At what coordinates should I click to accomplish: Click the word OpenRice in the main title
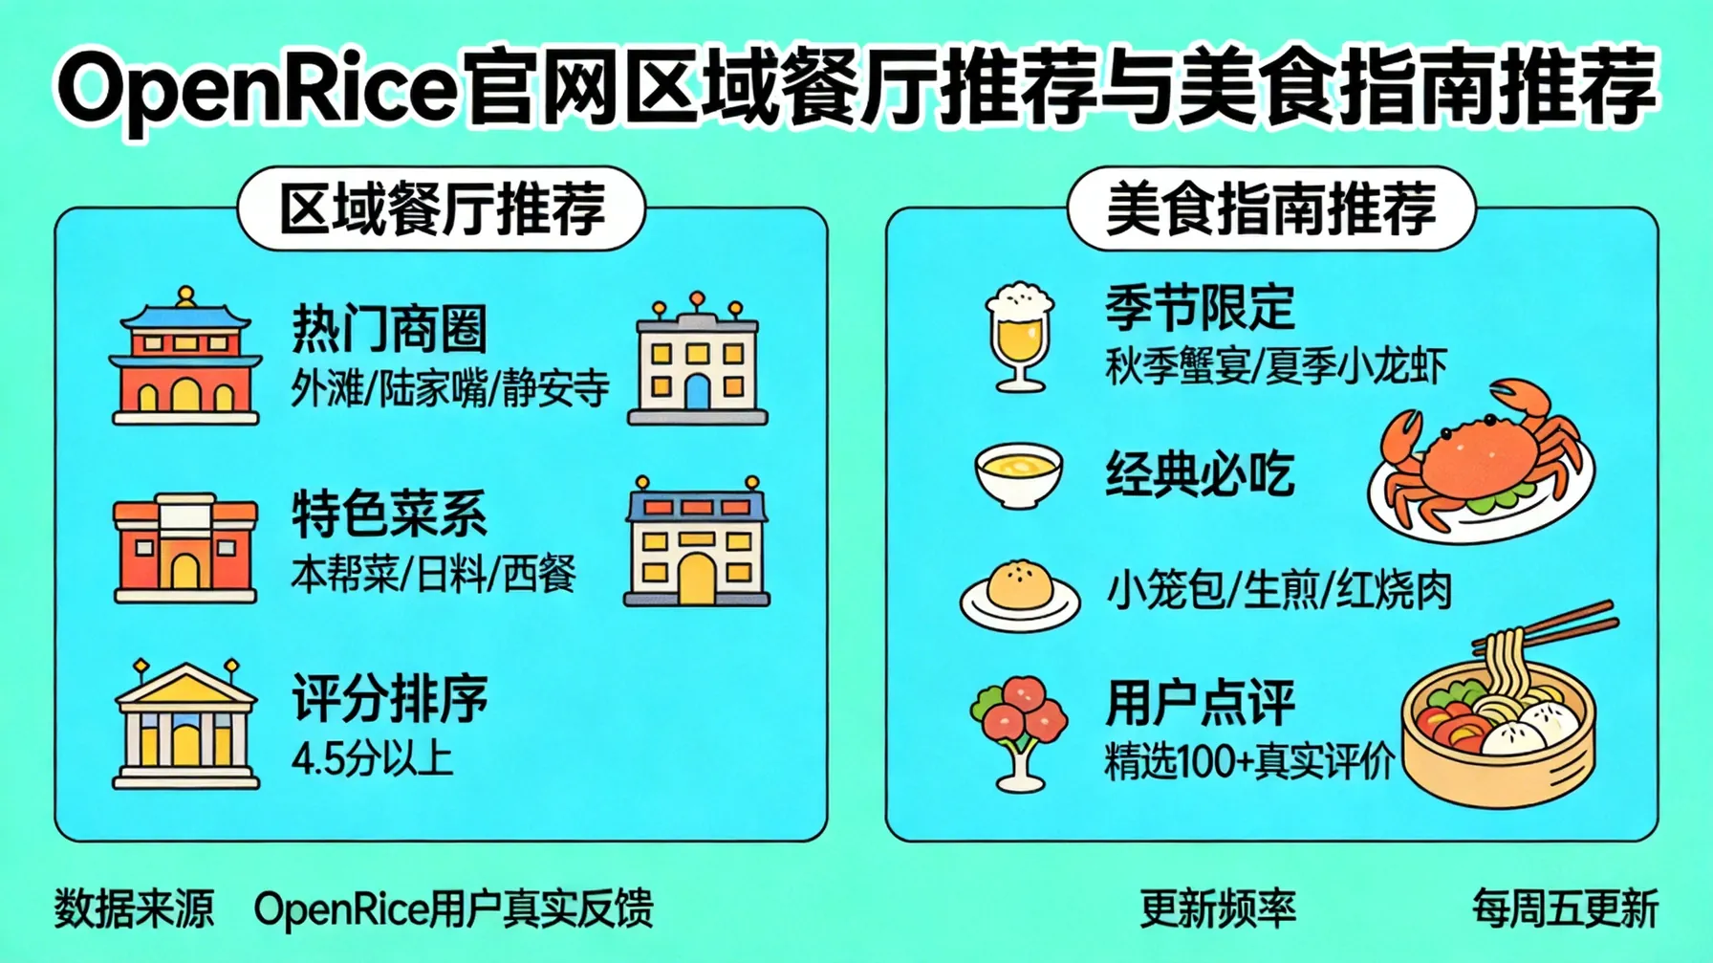pos(256,88)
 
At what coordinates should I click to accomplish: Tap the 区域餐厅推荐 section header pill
pos(442,208)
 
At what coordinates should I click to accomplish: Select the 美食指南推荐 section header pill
pos(1270,208)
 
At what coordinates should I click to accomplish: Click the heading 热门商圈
pos(390,329)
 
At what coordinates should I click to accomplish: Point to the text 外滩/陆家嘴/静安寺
pos(449,389)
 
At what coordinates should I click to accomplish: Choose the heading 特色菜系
pos(390,514)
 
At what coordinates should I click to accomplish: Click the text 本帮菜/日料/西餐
pos(433,575)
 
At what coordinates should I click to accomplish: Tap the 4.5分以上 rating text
pos(372,759)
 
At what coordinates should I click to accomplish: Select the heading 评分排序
pos(390,699)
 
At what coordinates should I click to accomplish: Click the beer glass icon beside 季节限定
pos(1020,337)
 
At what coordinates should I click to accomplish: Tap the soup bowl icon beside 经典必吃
pos(1019,474)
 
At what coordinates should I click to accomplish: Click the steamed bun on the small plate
pos(1020,587)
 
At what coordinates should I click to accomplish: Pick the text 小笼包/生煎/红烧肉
pos(1279,590)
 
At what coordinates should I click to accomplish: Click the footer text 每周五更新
pos(1565,908)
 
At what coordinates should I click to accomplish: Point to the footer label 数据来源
pos(134,908)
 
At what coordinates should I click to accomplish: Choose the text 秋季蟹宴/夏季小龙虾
pos(1276,366)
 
